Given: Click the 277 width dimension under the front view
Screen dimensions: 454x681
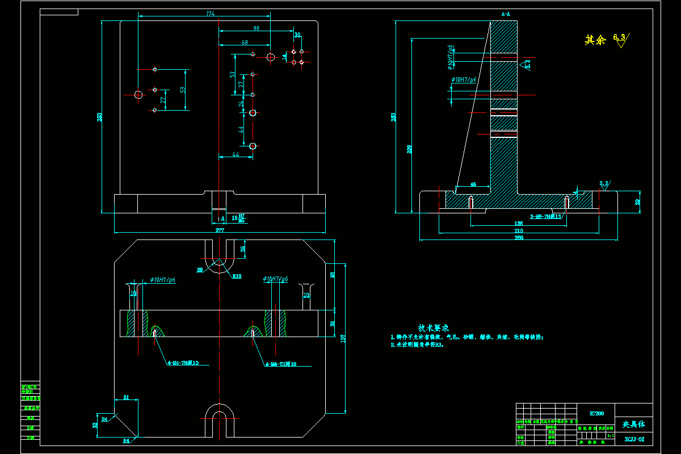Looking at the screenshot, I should pyautogui.click(x=220, y=230).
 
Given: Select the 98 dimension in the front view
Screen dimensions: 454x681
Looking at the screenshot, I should pyautogui.click(x=256, y=28).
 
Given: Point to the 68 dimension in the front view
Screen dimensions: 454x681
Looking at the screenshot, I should pyautogui.click(x=245, y=43).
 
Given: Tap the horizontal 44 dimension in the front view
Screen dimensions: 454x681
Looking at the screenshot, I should pyautogui.click(x=236, y=154).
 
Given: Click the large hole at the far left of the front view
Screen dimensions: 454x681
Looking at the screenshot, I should pyautogui.click(x=138, y=94).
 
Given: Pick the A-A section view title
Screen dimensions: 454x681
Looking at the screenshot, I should pyautogui.click(x=506, y=14).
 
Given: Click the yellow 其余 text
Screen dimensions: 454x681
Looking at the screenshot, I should pyautogui.click(x=595, y=40).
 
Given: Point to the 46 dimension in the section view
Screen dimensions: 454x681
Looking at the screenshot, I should pyautogui.click(x=473, y=184).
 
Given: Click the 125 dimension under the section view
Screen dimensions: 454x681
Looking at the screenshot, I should pyautogui.click(x=518, y=224).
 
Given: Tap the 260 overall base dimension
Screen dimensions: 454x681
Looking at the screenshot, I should pyautogui.click(x=518, y=238).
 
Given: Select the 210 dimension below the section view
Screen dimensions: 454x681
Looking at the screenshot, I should pyautogui.click(x=518, y=231).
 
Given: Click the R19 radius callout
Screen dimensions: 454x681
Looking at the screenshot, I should pyautogui.click(x=237, y=276).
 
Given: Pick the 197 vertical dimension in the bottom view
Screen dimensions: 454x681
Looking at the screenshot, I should pyautogui.click(x=343, y=338).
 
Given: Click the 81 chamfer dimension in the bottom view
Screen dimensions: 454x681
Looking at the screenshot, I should pyautogui.click(x=126, y=397).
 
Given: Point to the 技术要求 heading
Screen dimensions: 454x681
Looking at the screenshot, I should pyautogui.click(x=434, y=328).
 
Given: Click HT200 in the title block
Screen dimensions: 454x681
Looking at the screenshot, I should pyautogui.click(x=596, y=414).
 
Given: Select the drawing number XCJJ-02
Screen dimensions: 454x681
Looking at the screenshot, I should pyautogui.click(x=633, y=439).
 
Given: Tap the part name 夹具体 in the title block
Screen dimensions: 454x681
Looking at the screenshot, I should pyautogui.click(x=633, y=424).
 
